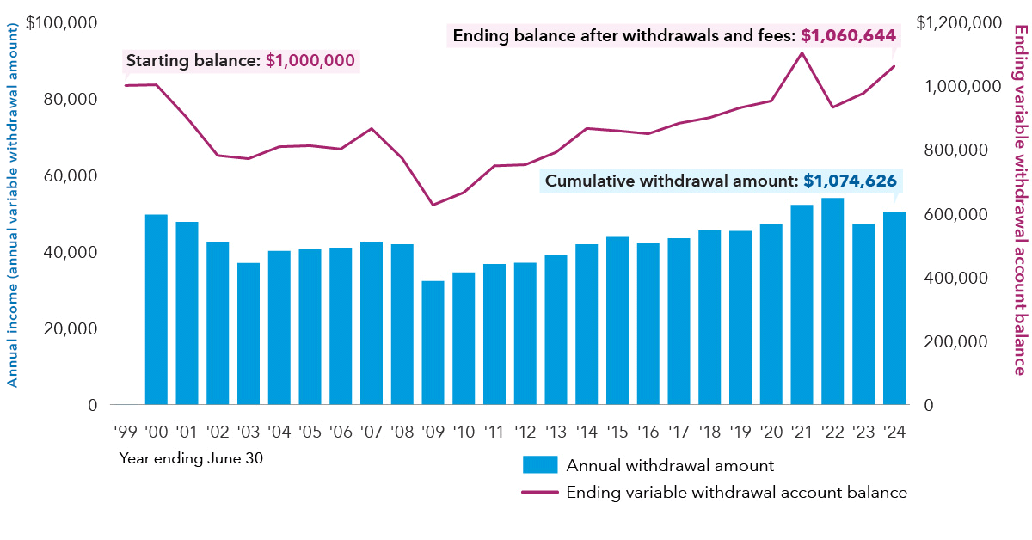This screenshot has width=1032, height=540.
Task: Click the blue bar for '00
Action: pyautogui.click(x=156, y=310)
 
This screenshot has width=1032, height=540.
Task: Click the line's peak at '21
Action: pyautogui.click(x=802, y=53)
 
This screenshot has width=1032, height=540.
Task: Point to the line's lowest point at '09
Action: pyautogui.click(x=433, y=205)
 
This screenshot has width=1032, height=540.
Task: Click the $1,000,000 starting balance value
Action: pyautogui.click(x=310, y=61)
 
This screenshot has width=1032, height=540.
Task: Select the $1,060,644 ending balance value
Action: pyautogui.click(x=848, y=36)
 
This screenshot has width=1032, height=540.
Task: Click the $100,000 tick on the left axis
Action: pyautogui.click(x=61, y=22)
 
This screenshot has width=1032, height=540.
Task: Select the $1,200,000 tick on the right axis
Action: pyautogui.click(x=959, y=22)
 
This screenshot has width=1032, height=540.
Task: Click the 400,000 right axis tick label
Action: pyautogui.click(x=952, y=278)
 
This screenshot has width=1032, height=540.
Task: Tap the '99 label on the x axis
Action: pyautogui.click(x=125, y=429)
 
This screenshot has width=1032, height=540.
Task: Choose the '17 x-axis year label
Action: pyautogui.click(x=679, y=429)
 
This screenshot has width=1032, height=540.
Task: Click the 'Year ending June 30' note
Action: pyautogui.click(x=191, y=458)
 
